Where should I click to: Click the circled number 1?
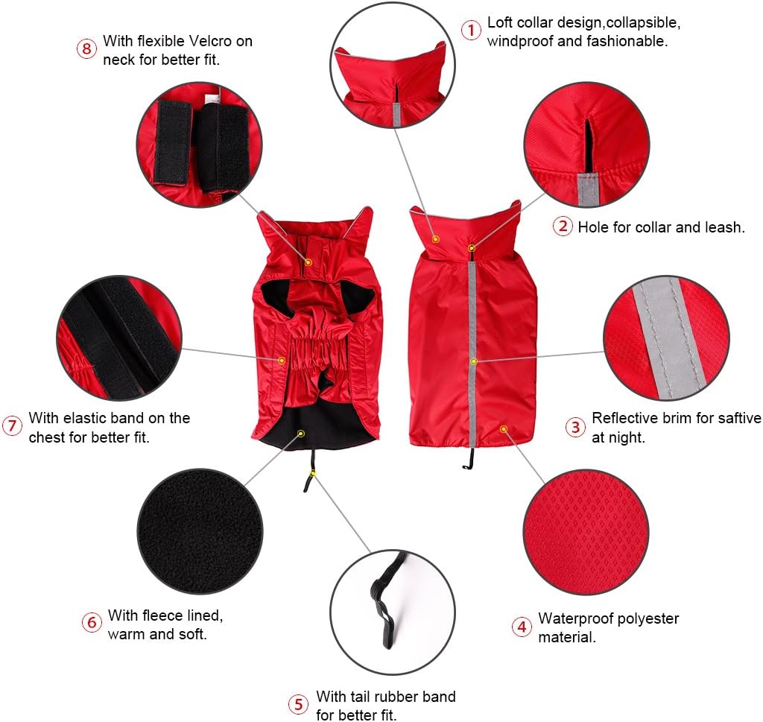pyautogui.click(x=470, y=31)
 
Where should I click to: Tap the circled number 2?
pyautogui.click(x=562, y=226)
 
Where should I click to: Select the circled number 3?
pyautogui.click(x=574, y=427)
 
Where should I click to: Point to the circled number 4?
pyautogui.click(x=522, y=627)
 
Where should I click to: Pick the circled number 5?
pyautogui.click(x=298, y=704)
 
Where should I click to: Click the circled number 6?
pyautogui.click(x=91, y=622)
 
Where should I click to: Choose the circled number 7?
pyautogui.click(x=12, y=426)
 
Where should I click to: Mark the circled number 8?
pyautogui.click(x=86, y=49)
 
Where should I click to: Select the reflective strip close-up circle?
pyautogui.click(x=665, y=338)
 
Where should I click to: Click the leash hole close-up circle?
pyautogui.click(x=586, y=144)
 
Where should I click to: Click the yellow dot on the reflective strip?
pyautogui.click(x=472, y=361)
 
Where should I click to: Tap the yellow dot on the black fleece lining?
pyautogui.click(x=301, y=432)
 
